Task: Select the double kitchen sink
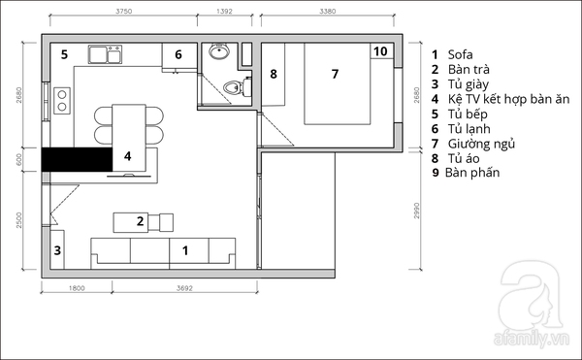pos(106,54)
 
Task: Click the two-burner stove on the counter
pos(62,101)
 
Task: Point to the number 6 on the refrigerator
pos(178,54)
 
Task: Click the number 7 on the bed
pos(335,74)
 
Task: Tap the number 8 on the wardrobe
pos(274,74)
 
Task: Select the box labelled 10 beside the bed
pos(381,50)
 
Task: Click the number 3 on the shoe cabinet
pos(57,250)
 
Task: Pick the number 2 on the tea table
pos(140,221)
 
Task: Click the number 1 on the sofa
pos(185,251)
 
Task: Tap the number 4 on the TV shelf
pos(127,156)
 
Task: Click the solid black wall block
pos(77,159)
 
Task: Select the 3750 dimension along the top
pos(123,11)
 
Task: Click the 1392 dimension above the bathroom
pos(224,11)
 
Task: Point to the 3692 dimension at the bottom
pos(184,288)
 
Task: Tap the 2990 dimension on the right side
pos(416,211)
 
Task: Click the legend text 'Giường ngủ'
pos(481,144)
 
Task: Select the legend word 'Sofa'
pos(460,54)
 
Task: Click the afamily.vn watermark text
pos(532,340)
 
